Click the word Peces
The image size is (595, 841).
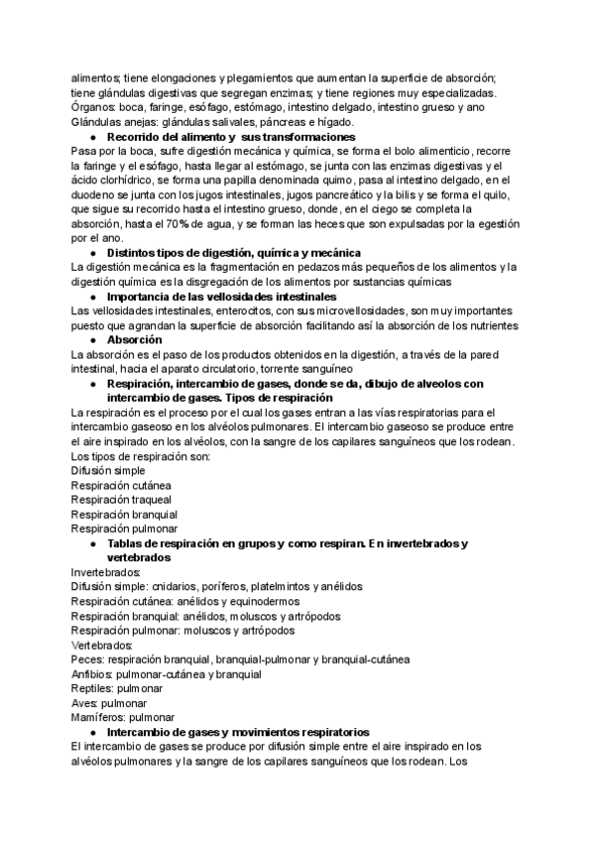87,659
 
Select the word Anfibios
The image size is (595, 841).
92,673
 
